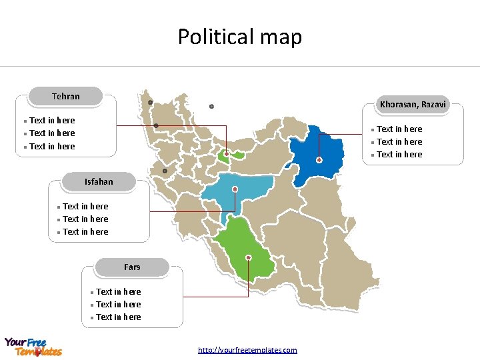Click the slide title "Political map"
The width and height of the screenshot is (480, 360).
(x=239, y=37)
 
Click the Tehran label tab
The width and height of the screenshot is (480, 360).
(x=65, y=97)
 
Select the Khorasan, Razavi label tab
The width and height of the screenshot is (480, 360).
(x=413, y=104)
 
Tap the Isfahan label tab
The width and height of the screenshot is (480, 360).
(x=99, y=181)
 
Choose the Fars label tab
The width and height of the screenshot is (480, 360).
(x=132, y=267)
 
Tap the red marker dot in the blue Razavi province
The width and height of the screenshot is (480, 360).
(x=319, y=160)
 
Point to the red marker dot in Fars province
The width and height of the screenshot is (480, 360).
(x=249, y=257)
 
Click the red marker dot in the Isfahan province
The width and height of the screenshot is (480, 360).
(x=235, y=189)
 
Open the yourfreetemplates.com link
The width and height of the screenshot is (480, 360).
(x=247, y=350)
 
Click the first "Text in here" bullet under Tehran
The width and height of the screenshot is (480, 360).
(x=52, y=121)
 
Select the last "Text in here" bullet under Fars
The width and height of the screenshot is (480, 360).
(x=119, y=317)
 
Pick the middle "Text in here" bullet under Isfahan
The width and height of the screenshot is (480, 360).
(x=85, y=219)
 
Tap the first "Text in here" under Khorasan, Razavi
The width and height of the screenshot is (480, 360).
(x=399, y=129)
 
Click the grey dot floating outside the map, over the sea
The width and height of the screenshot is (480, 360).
(x=211, y=107)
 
